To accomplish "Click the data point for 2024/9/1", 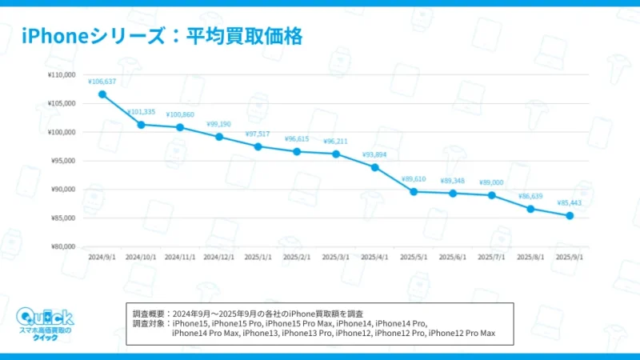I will (102, 94).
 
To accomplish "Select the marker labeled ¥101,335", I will (141, 124).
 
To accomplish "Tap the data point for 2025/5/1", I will (414, 191).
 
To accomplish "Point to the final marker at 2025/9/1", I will (570, 216).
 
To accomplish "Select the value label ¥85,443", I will (569, 202).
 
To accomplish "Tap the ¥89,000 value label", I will (491, 182).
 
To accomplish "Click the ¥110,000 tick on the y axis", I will (62, 75).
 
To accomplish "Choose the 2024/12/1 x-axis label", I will (219, 258).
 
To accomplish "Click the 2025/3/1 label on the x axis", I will (336, 258).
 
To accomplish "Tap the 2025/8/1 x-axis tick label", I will (530, 258).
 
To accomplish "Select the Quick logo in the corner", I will (45, 322).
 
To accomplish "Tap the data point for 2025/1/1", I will (258, 146).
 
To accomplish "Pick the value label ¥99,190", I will (219, 124).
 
